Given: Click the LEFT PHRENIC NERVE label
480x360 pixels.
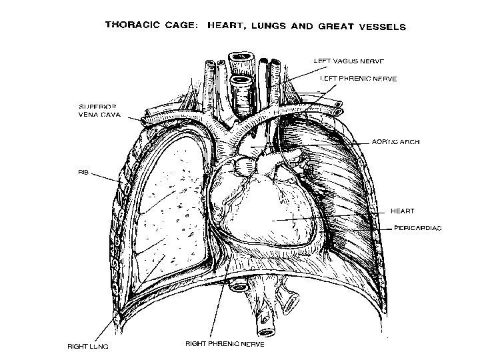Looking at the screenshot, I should coord(358,79).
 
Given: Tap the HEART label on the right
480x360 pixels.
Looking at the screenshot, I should coord(402,211).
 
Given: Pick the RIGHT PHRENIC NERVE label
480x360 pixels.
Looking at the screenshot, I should coord(224,345).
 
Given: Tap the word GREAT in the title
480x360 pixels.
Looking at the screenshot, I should coord(329,27).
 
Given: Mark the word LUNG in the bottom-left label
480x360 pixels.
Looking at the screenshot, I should coord(98,346).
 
